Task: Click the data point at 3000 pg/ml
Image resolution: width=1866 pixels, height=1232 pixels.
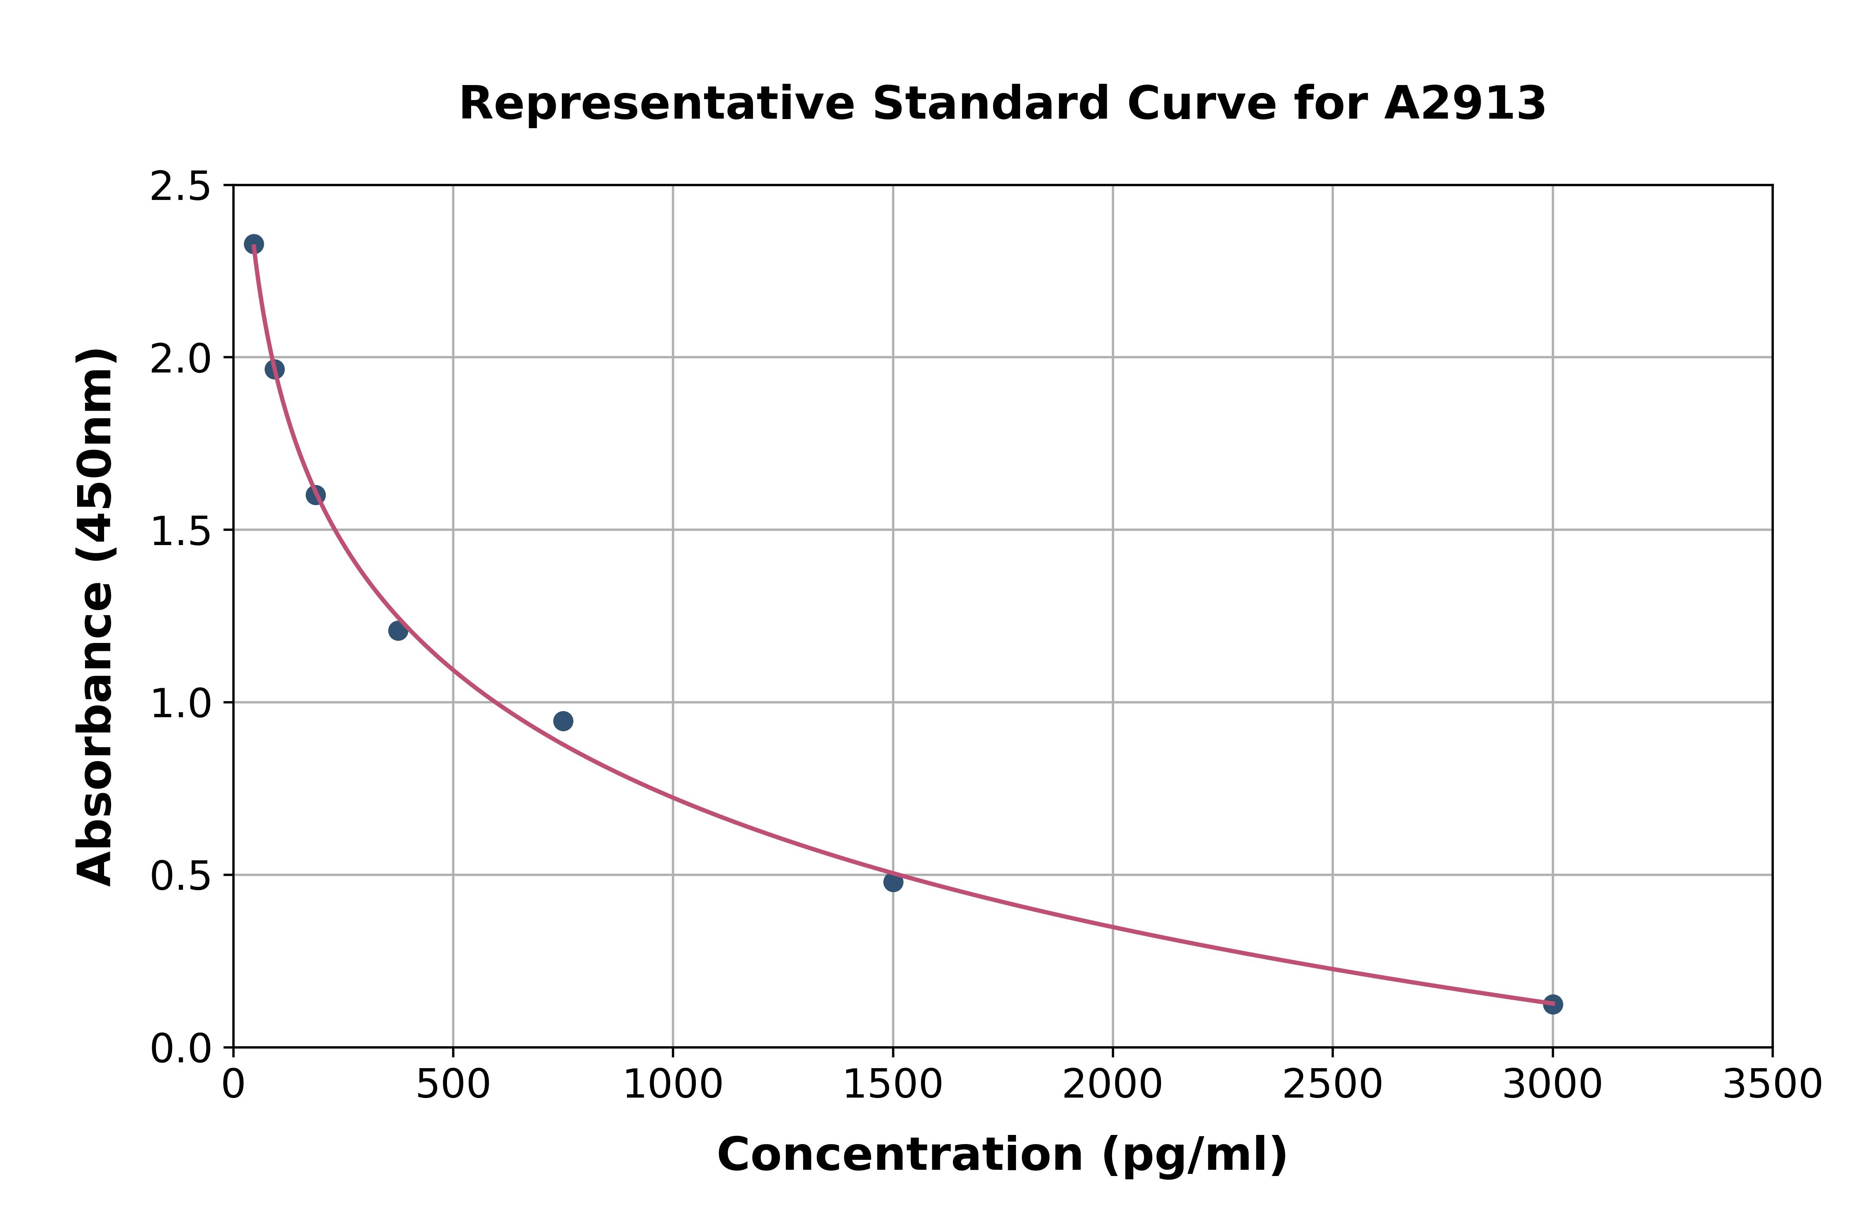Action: [1552, 1004]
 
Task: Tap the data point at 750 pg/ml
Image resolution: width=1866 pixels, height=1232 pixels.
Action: [563, 721]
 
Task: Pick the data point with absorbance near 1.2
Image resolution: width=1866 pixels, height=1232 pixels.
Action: [398, 630]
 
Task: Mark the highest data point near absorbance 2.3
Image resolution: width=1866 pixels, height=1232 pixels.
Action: [254, 243]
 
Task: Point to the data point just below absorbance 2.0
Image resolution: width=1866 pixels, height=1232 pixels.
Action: [274, 369]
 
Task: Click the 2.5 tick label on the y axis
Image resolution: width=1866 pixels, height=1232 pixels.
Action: [181, 187]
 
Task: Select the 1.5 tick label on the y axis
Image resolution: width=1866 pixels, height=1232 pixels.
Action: [181, 532]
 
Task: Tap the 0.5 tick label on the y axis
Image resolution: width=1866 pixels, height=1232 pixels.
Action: [181, 876]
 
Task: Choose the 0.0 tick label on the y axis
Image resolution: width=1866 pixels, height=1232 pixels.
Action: [181, 1049]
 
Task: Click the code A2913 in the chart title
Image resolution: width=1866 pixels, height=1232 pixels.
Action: [1465, 104]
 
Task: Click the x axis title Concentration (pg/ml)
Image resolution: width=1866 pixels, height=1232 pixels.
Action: [1002, 1155]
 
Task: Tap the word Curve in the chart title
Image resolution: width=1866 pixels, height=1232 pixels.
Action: [1202, 104]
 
